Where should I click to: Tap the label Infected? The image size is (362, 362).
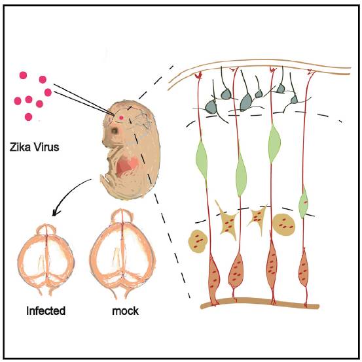(x=46, y=310)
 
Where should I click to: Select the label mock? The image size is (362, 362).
(x=125, y=311)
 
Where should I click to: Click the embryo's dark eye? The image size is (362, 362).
(x=115, y=131)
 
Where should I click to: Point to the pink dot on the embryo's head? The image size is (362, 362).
(x=121, y=118)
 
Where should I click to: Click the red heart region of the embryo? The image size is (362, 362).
(x=127, y=166)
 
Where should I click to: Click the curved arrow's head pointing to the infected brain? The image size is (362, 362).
(x=54, y=213)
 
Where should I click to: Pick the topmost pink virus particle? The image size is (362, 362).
(x=23, y=75)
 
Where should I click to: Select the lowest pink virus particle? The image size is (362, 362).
(x=28, y=117)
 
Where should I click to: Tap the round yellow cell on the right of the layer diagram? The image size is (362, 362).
(x=284, y=224)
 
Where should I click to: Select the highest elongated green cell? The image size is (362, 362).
(x=274, y=143)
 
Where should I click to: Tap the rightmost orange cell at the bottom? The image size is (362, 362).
(x=303, y=269)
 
